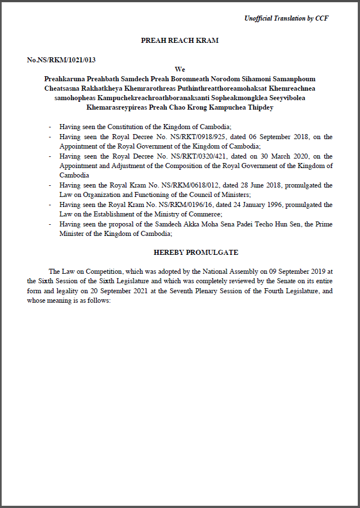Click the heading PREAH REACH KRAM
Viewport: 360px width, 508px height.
pos(180,41)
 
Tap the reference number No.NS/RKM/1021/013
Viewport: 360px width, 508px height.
pos(57,60)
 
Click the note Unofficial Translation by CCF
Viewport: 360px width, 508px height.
pos(286,18)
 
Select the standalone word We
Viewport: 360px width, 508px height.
pos(180,69)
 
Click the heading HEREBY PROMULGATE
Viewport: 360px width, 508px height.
pos(196,252)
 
